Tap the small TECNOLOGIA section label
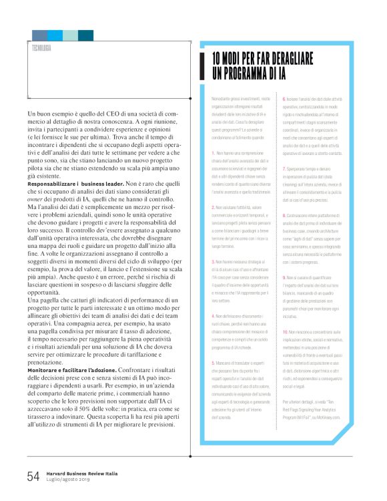pos(41,47)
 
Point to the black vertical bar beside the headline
pos(202,66)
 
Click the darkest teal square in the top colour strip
pos(85,35)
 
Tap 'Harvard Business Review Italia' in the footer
pos(81,473)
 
